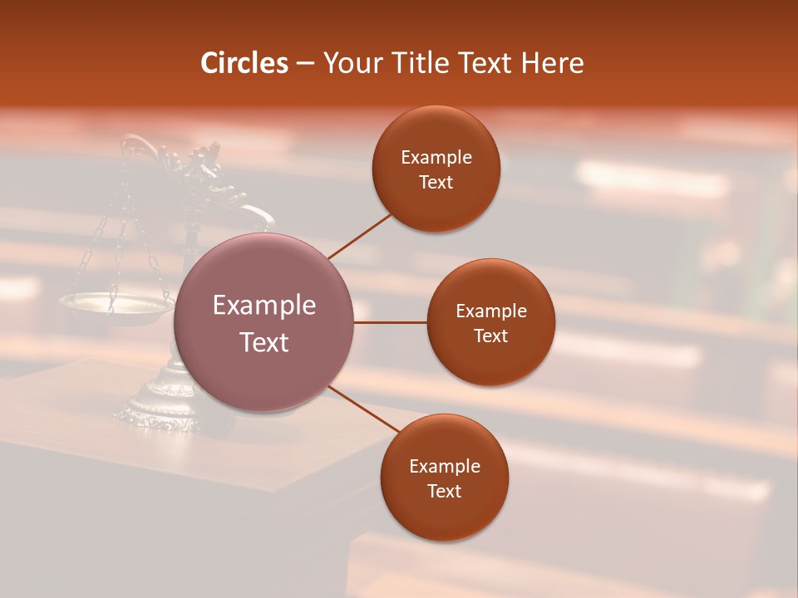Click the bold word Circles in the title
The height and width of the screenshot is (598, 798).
(244, 63)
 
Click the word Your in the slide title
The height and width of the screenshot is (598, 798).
(353, 63)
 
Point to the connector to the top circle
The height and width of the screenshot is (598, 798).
(359, 235)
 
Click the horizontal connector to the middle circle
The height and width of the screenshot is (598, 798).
(390, 322)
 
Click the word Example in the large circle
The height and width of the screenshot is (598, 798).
(264, 306)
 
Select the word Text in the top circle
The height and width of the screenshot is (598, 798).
(436, 183)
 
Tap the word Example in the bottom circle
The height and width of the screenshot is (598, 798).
(445, 467)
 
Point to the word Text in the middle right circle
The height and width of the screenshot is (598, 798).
(490, 336)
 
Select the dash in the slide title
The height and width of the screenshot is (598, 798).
(305, 63)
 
